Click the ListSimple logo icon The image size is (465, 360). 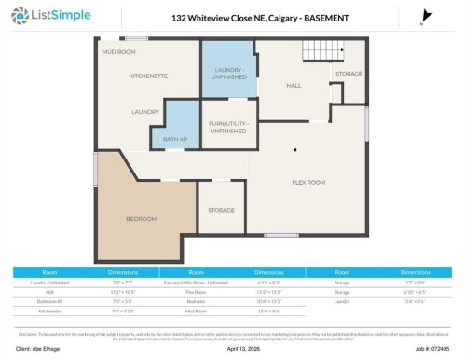(19, 17)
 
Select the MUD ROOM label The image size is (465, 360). (119, 51)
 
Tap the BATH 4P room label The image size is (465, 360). (175, 139)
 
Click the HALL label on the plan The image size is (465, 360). (294, 85)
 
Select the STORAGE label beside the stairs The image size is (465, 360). (349, 73)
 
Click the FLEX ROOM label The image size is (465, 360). (308, 182)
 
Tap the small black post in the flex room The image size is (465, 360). (295, 148)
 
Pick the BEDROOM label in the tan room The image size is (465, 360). (142, 219)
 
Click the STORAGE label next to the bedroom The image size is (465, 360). (222, 210)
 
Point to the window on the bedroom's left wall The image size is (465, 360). (96, 169)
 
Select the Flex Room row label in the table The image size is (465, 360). (195, 289)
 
